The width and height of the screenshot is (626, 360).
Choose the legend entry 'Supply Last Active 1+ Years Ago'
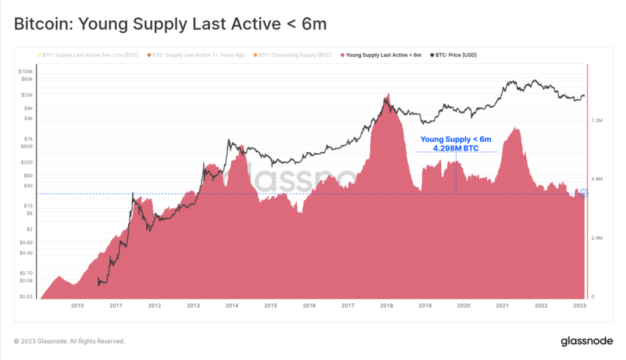(198, 55)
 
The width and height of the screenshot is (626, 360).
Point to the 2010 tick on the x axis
(77, 306)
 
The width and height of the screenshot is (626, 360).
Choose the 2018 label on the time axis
(386, 306)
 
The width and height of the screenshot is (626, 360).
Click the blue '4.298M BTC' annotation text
(455, 149)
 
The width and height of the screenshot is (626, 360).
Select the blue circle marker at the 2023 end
(583, 193)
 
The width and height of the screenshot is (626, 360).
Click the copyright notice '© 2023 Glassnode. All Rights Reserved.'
(69, 341)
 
